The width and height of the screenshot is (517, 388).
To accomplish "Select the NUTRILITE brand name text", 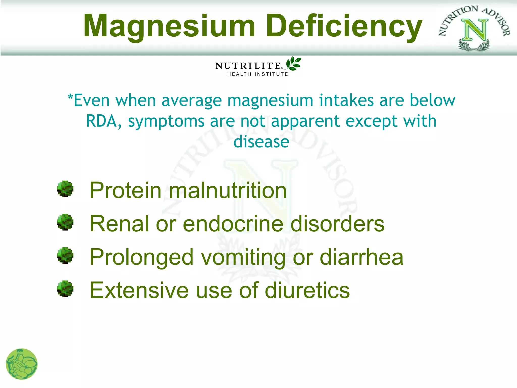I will [x=248, y=66].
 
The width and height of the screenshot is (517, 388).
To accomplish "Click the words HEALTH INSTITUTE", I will [x=257, y=74].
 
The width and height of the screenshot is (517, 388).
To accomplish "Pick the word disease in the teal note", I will [x=261, y=142].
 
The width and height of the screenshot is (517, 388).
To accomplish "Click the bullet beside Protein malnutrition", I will [x=65, y=189].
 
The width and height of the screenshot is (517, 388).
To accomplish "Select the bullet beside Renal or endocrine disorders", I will [x=65, y=222].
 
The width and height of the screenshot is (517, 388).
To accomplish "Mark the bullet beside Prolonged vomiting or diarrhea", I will [x=65, y=255].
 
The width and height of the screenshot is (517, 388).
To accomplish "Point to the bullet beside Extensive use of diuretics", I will [x=65, y=289].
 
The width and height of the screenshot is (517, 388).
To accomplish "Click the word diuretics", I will [x=307, y=290].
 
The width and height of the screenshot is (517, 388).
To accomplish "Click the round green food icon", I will [x=21, y=364].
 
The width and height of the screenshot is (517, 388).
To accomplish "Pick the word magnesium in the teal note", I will [x=270, y=101].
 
